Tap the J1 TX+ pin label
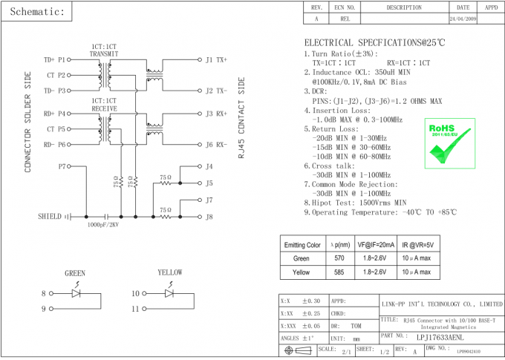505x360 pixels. pyautogui.click(x=216, y=59)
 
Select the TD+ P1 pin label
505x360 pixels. pyautogui.click(x=55, y=59)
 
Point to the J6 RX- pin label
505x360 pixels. pyautogui.click(x=216, y=145)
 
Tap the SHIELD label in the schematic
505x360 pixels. pyautogui.click(x=50, y=217)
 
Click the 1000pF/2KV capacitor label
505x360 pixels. pyautogui.click(x=104, y=224)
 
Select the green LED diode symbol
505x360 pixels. pyautogui.click(x=76, y=293)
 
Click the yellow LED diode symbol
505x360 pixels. pyautogui.click(x=170, y=293)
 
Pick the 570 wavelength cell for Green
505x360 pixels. pyautogui.click(x=339, y=258)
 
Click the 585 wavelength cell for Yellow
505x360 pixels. pyautogui.click(x=339, y=272)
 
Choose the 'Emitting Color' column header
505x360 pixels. pyautogui.click(x=302, y=244)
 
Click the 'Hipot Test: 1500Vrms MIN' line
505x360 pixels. pyautogui.click(x=359, y=202)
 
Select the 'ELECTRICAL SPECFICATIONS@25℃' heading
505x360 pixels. pyautogui.click(x=374, y=43)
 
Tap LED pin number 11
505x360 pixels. pyautogui.click(x=135, y=308)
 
